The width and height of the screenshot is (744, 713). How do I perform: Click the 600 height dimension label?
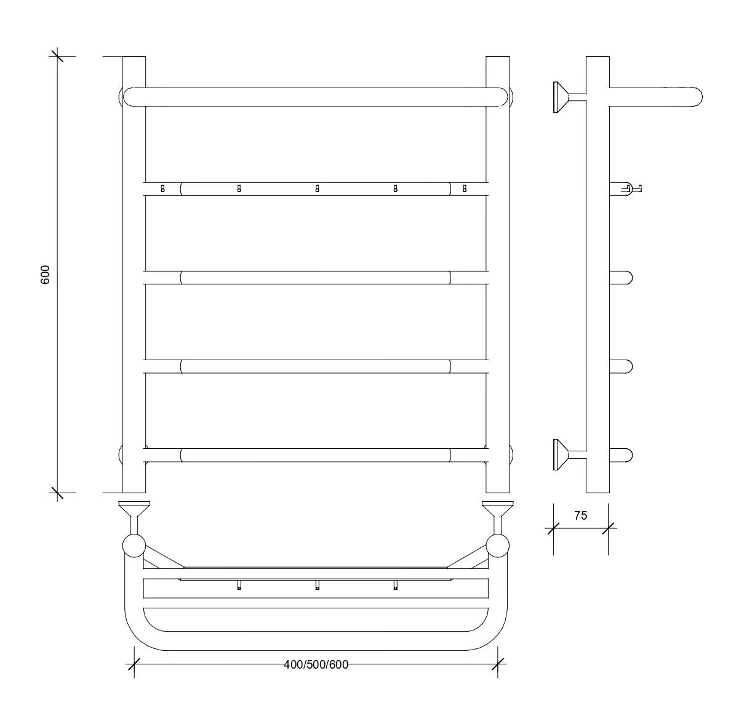[45, 275]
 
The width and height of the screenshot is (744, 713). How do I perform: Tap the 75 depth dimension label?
[580, 515]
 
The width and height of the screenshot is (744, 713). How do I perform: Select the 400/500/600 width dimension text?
[316, 665]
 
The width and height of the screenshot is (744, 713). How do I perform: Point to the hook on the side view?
[631, 188]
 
